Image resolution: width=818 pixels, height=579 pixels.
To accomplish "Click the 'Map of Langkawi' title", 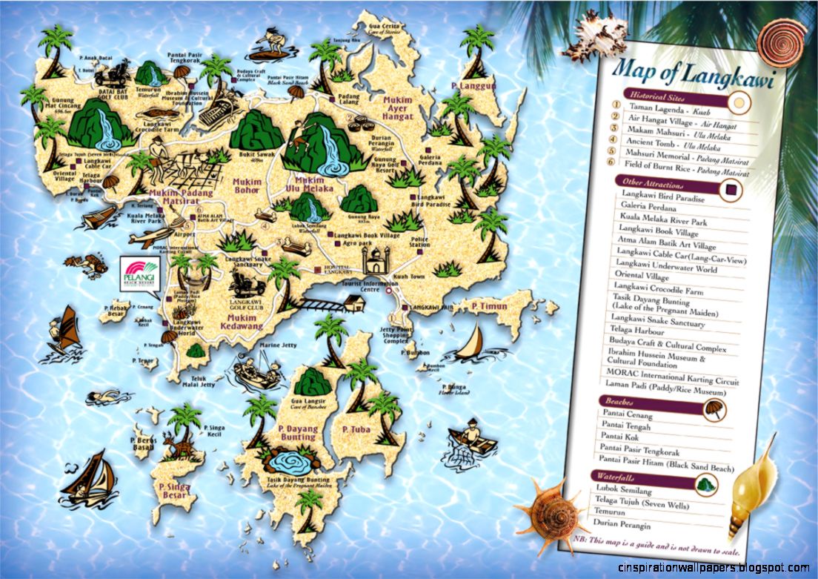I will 693,75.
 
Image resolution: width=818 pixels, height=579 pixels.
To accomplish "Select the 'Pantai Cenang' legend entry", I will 627,415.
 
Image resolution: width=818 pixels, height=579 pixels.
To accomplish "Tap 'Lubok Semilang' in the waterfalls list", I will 623,490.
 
